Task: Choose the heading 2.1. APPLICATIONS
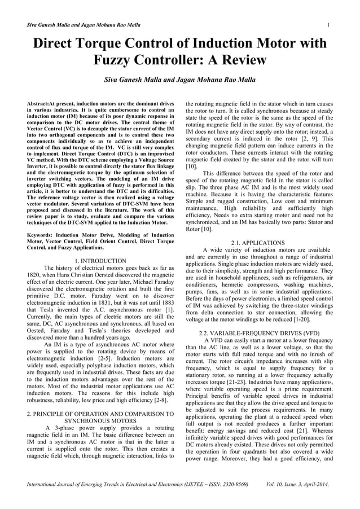(x=259, y=243)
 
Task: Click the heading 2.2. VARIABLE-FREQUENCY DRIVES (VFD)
(x=259, y=333)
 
